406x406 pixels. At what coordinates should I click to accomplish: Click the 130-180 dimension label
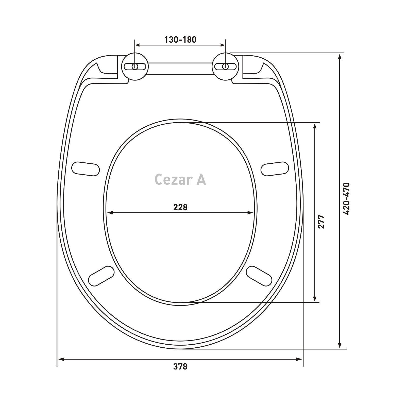click(x=180, y=40)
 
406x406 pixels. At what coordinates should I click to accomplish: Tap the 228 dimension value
click(x=180, y=207)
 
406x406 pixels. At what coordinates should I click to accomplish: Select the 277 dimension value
click(x=321, y=222)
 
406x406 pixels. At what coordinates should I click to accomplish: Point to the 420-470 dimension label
click(x=346, y=199)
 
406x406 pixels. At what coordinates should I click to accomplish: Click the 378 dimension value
click(x=180, y=366)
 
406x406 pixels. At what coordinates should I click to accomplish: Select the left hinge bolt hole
click(x=135, y=66)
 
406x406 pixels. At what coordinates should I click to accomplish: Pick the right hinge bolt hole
click(x=225, y=66)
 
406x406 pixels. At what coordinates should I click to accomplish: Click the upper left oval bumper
click(x=86, y=169)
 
